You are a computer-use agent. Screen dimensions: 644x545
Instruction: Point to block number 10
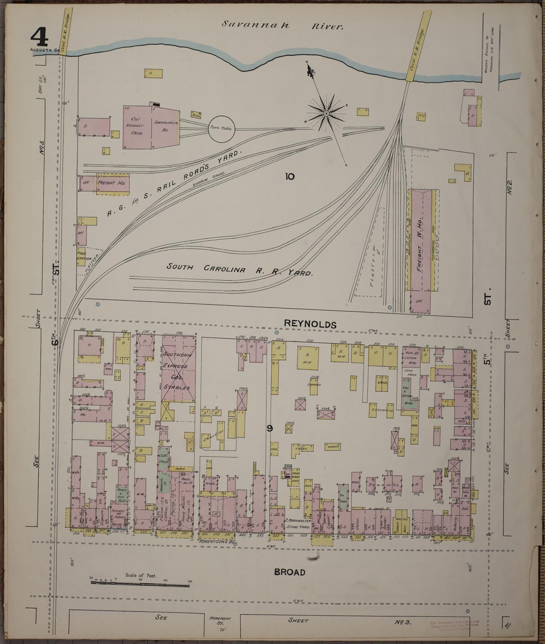pyautogui.click(x=290, y=176)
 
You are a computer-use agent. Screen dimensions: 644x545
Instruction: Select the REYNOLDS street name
pyautogui.click(x=310, y=324)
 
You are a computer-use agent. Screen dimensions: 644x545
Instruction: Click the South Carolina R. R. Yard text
pyautogui.click(x=240, y=270)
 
